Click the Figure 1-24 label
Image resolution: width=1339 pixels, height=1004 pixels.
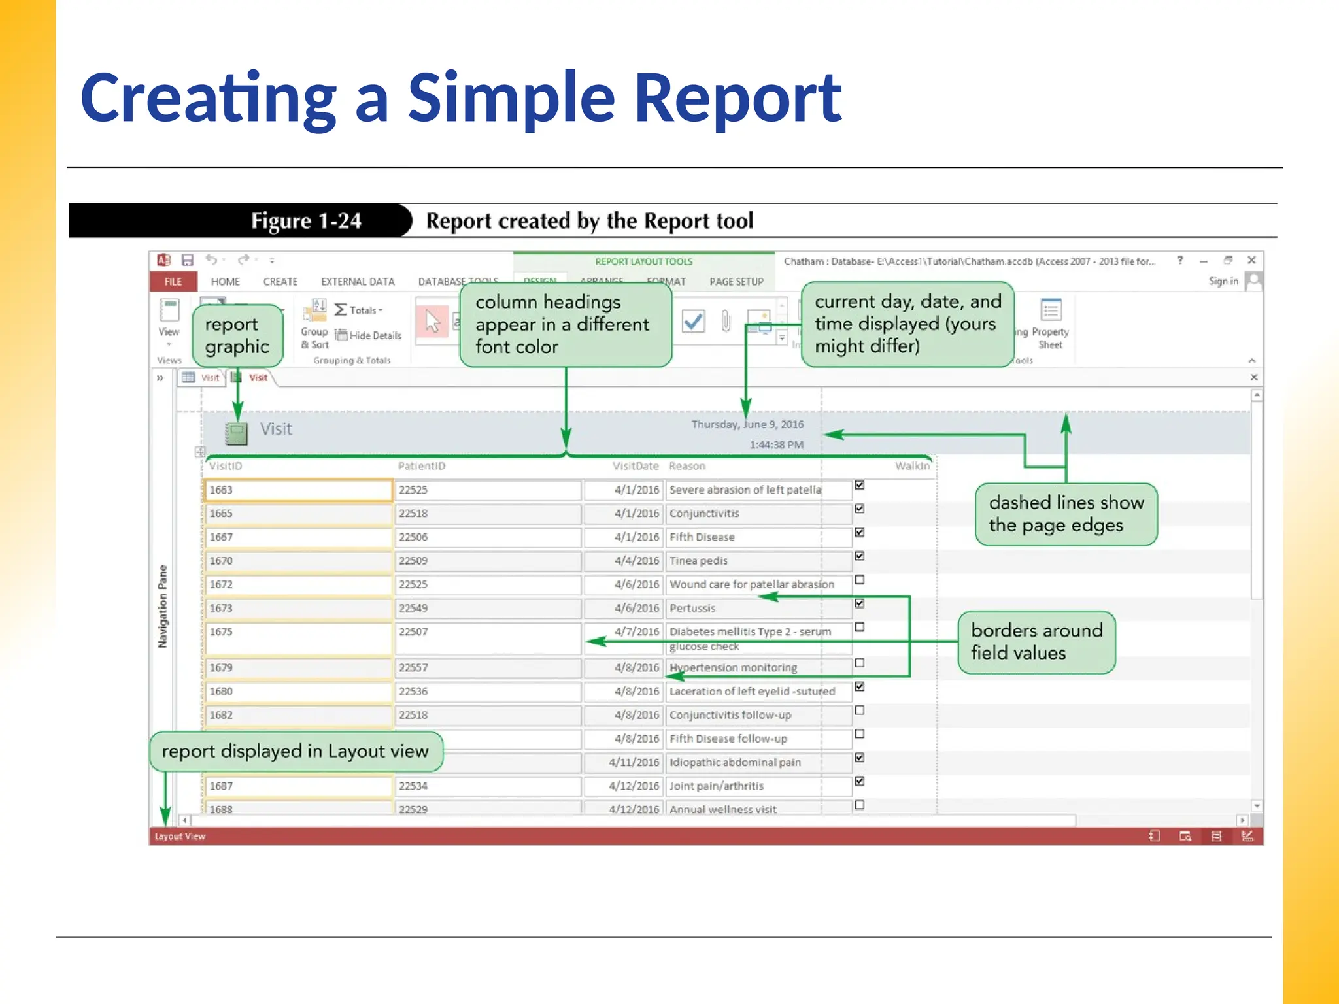click(306, 221)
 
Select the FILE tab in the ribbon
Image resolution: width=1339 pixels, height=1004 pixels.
click(173, 282)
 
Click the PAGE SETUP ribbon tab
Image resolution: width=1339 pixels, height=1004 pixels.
click(736, 282)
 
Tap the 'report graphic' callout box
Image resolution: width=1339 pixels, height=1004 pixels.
click(237, 335)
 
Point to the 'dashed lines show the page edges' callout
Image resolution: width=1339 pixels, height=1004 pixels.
click(1066, 514)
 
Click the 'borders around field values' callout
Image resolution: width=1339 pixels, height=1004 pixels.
click(1036, 642)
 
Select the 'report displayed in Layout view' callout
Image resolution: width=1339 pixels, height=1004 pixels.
click(296, 751)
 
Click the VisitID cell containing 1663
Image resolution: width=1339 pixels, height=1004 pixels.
click(298, 490)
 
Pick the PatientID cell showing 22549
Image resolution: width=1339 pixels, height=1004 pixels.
click(487, 609)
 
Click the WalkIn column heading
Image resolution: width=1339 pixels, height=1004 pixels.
click(912, 466)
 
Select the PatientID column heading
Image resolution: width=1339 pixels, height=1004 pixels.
click(422, 466)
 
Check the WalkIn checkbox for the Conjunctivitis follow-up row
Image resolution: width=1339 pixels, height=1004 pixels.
click(860, 711)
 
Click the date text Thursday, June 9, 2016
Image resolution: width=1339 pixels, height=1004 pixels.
click(747, 425)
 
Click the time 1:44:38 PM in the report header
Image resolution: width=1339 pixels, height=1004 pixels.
click(776, 445)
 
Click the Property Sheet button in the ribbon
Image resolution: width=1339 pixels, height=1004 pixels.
click(1050, 324)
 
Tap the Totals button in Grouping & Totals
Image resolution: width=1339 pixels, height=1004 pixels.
click(358, 310)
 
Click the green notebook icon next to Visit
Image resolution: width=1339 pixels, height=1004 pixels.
click(237, 433)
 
